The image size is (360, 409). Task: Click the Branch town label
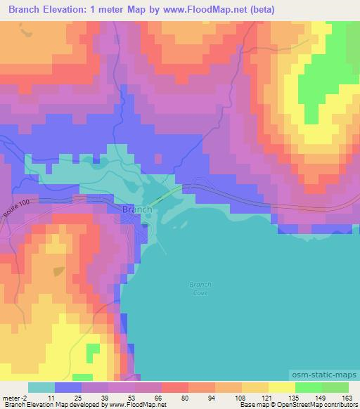136,209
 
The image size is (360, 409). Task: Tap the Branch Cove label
200,288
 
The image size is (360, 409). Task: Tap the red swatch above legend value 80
175,387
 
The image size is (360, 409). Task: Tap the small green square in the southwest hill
92,349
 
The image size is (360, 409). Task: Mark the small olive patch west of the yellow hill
58,271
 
